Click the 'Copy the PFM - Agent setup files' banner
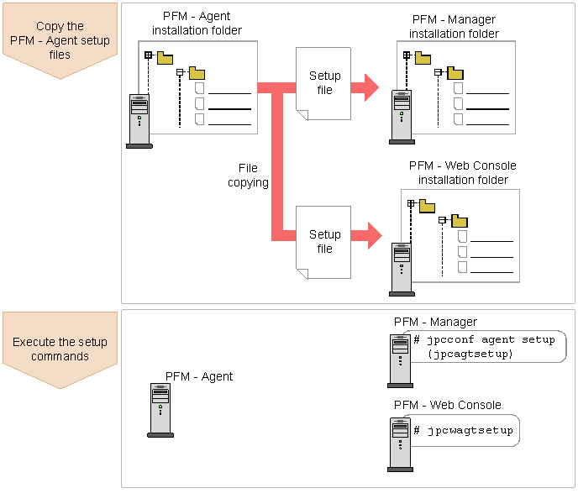coord(60,40)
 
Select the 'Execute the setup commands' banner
coord(60,349)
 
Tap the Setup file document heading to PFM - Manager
coord(323,84)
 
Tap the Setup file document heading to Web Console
coord(323,242)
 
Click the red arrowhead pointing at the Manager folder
coord(370,87)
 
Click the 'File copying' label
coord(248,176)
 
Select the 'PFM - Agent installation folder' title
coord(197,24)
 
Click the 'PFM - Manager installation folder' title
coord(454,27)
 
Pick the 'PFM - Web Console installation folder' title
coord(463,172)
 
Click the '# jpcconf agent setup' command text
coord(484,339)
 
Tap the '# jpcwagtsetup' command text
coord(464,430)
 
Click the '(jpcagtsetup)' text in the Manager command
coord(470,354)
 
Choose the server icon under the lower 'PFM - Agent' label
coord(160,410)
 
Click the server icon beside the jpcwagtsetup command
coord(401,444)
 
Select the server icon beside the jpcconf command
coord(401,361)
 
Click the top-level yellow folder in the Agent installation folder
coord(165,58)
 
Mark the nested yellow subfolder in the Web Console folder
coord(460,221)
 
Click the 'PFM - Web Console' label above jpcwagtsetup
coord(448,405)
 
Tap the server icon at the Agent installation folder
coord(139,121)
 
